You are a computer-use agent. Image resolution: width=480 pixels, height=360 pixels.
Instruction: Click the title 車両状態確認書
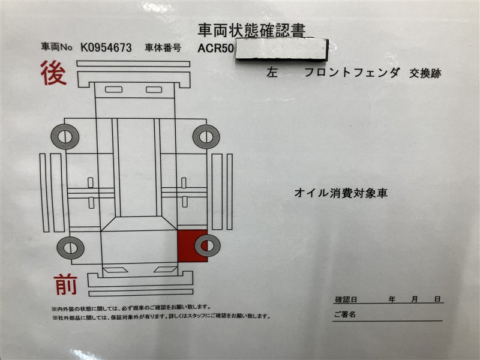click(251, 31)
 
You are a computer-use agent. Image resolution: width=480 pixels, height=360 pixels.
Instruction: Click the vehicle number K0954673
click(106, 48)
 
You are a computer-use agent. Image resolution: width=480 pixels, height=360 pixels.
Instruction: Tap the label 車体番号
click(163, 48)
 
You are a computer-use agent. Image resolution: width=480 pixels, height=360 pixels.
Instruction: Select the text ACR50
click(215, 49)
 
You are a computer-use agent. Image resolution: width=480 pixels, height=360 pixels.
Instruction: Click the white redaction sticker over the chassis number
click(282, 49)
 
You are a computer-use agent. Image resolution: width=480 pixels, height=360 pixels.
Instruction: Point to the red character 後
click(53, 73)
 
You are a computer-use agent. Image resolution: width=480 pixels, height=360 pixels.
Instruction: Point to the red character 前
click(65, 284)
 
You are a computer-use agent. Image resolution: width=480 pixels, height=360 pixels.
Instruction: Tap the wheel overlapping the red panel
click(207, 245)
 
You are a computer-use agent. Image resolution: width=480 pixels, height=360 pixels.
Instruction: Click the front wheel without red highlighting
click(70, 247)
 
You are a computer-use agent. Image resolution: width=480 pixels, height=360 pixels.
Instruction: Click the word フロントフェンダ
click(352, 73)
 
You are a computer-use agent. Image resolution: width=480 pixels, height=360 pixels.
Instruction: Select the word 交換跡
click(425, 73)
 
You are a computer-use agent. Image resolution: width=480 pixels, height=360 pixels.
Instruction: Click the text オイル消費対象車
click(341, 193)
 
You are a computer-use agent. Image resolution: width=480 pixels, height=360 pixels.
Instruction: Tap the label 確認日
click(346, 299)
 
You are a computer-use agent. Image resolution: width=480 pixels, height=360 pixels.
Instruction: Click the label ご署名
click(344, 314)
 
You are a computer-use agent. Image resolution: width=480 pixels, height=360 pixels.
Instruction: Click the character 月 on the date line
click(414, 299)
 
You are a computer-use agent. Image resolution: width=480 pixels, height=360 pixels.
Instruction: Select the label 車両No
click(56, 47)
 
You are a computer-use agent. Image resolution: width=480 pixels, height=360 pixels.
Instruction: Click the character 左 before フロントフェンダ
click(272, 73)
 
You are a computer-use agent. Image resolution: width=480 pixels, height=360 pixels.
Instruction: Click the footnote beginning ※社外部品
click(161, 317)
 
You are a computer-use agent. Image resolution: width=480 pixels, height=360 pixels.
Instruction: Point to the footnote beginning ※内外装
click(131, 307)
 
